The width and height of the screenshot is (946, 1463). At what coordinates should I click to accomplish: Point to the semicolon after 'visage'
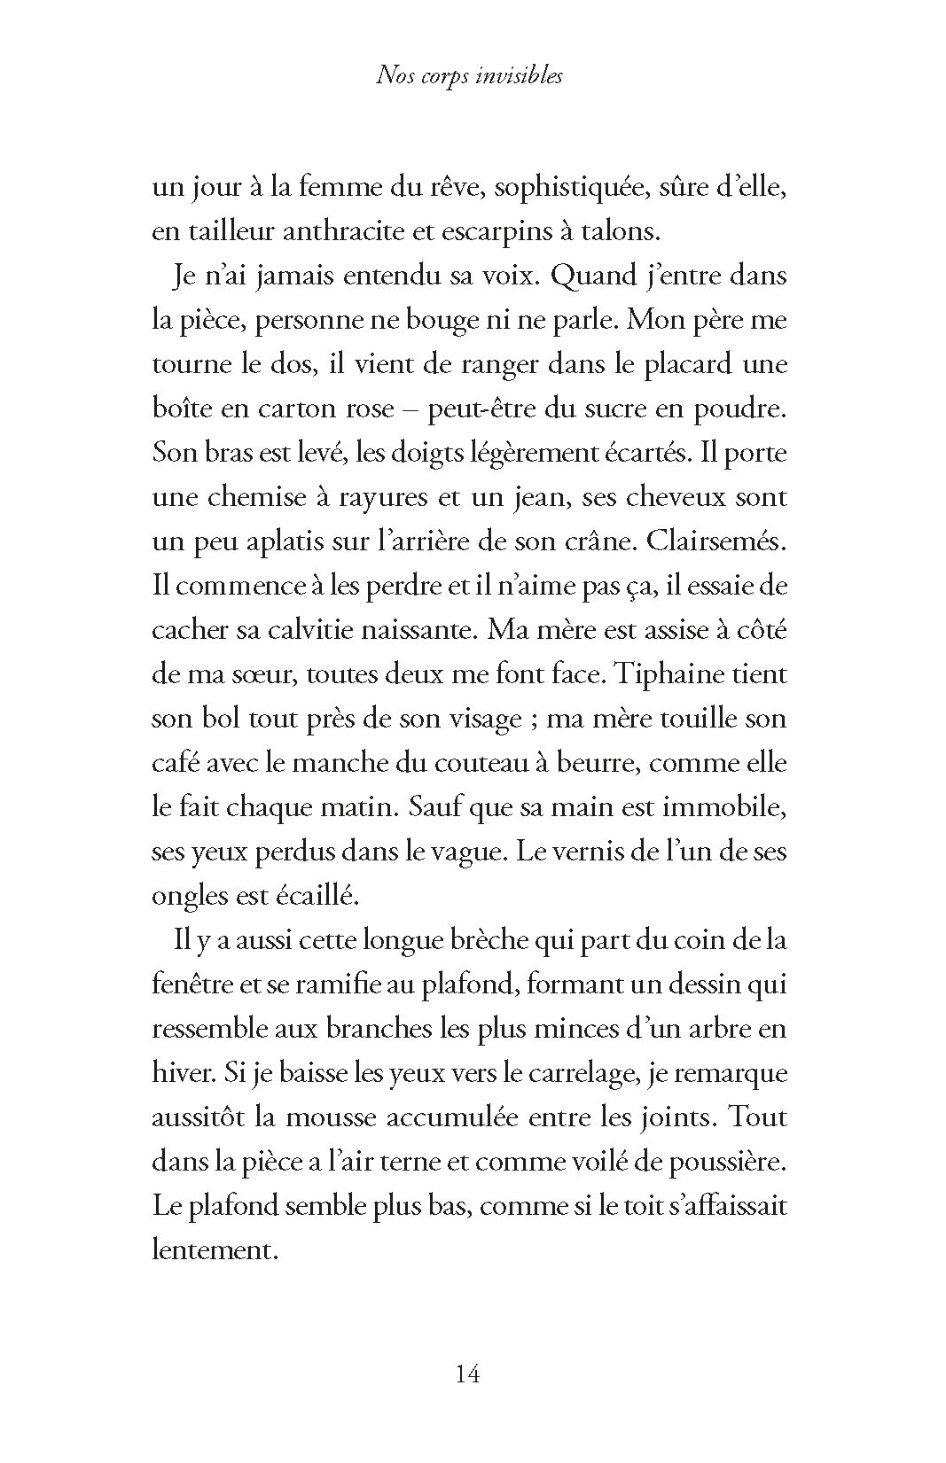click(x=533, y=720)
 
